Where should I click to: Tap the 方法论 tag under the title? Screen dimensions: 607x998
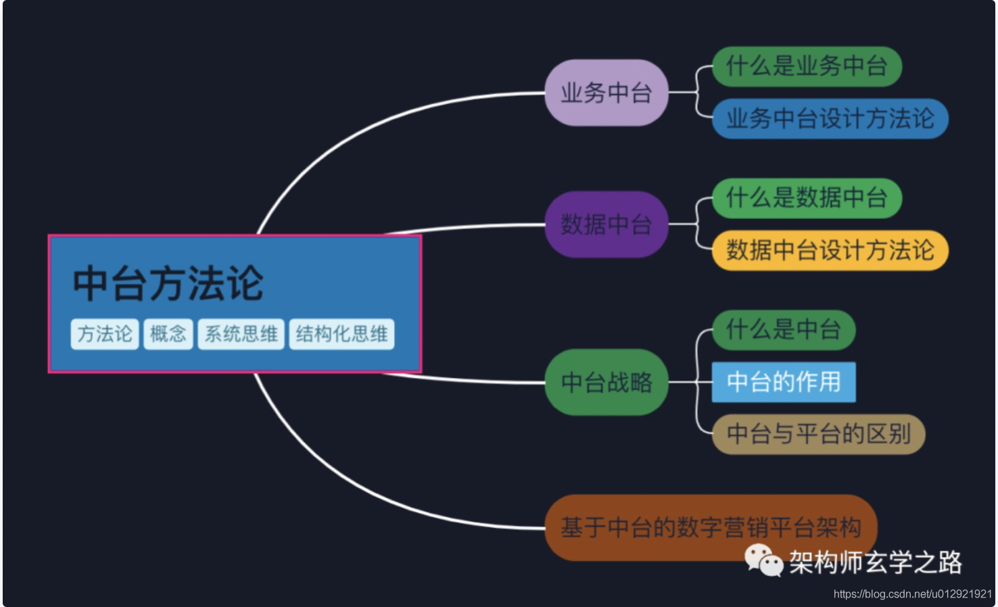pos(105,334)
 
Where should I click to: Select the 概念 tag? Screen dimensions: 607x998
pos(168,334)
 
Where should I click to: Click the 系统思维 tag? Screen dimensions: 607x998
pos(241,334)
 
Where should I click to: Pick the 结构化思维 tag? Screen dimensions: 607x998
pos(341,334)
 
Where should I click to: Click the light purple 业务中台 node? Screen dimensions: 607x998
pos(606,93)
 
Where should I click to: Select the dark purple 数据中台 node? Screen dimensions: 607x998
pos(606,224)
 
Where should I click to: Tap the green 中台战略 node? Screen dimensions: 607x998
pos(606,383)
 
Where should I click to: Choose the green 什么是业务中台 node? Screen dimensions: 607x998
pos(806,66)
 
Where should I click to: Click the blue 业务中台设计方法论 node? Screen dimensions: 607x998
pos(830,118)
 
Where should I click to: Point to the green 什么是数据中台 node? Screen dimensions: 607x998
pos(806,198)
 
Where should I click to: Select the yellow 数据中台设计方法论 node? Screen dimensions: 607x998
pos(830,250)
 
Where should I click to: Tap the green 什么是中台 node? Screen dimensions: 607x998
pos(783,330)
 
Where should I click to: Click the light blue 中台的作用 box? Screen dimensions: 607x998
pos(783,382)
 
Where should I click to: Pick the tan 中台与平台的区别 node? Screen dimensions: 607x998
pos(818,434)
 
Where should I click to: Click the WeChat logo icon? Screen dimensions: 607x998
pos(763,560)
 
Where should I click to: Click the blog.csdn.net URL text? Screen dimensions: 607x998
pos(912,594)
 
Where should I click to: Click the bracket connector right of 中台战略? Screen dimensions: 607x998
pos(696,383)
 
